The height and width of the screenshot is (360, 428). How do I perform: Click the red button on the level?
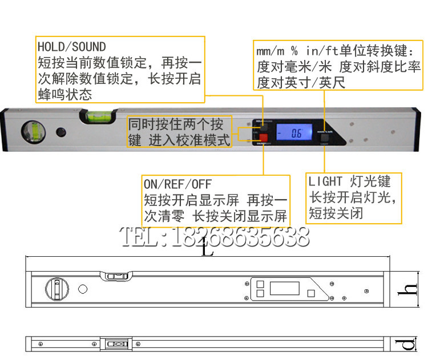coord(264,137)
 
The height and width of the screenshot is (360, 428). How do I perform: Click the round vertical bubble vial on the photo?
coord(32,132)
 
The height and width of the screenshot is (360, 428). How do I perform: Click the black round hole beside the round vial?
coord(60,132)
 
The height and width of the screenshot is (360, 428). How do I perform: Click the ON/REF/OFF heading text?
coord(177,184)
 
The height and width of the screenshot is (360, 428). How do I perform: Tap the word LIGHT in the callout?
coord(326,182)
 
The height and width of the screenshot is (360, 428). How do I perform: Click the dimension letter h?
coord(403,289)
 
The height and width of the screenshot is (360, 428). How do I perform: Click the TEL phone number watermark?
coord(213,236)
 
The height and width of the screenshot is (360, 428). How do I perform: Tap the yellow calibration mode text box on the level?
coord(179,132)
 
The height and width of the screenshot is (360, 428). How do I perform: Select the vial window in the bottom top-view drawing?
coord(118,344)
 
